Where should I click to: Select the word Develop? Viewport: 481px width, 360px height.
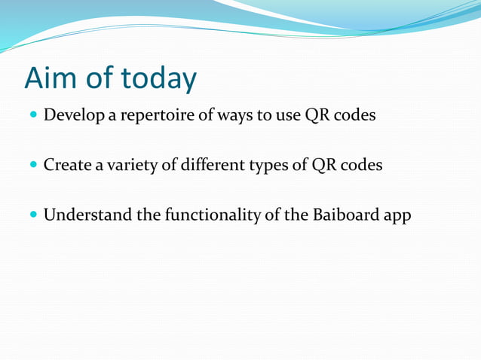click(x=73, y=117)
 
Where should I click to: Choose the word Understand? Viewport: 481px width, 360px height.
click(x=87, y=215)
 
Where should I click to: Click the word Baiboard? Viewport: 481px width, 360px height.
click(x=344, y=215)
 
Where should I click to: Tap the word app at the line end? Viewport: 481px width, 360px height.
click(x=397, y=215)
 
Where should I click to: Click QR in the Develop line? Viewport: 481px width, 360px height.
click(x=316, y=117)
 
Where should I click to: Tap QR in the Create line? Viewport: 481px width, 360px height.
click(x=323, y=165)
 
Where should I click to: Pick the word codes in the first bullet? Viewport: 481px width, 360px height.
click(x=354, y=117)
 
